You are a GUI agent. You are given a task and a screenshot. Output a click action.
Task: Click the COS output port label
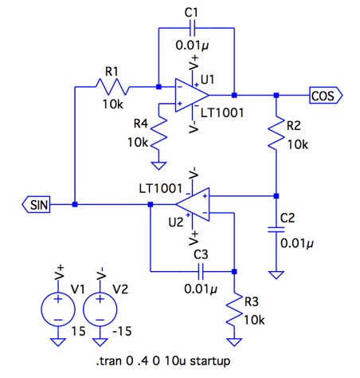point(326,95)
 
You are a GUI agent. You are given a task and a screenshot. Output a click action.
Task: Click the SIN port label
point(36,205)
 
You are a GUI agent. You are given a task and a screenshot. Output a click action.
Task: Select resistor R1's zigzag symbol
point(112,87)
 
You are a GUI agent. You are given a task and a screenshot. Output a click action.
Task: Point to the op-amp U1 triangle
point(192,95)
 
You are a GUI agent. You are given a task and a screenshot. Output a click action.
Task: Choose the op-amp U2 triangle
point(192,204)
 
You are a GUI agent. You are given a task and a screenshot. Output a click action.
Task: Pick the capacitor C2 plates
point(276,230)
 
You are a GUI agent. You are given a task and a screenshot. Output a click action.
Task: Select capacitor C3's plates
point(201,271)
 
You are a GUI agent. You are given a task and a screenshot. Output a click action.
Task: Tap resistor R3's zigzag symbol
point(234,309)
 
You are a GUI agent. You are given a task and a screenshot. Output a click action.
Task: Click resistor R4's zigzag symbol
point(158,132)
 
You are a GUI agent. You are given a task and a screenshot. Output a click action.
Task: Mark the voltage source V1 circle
point(58,309)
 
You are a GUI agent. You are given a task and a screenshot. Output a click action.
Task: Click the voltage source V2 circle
point(100,309)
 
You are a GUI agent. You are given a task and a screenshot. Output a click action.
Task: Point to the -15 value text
point(122,331)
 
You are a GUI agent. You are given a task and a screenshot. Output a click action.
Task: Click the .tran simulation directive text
point(163,361)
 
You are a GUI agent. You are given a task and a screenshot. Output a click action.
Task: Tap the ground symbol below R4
point(158,165)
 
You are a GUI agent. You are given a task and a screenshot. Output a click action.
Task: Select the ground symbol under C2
point(276,274)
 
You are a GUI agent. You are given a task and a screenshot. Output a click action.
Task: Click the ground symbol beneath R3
point(234,342)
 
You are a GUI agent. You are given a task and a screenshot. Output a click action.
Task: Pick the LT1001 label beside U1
point(222,113)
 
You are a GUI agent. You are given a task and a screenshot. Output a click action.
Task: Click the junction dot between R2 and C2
point(276,196)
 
